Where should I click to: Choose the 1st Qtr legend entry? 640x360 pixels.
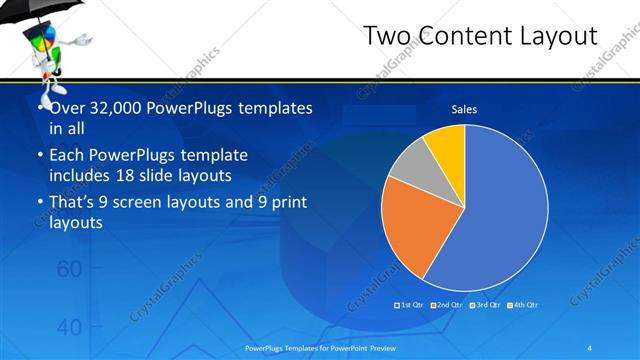pos(409,304)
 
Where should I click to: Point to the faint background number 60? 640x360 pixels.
pos(68,269)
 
